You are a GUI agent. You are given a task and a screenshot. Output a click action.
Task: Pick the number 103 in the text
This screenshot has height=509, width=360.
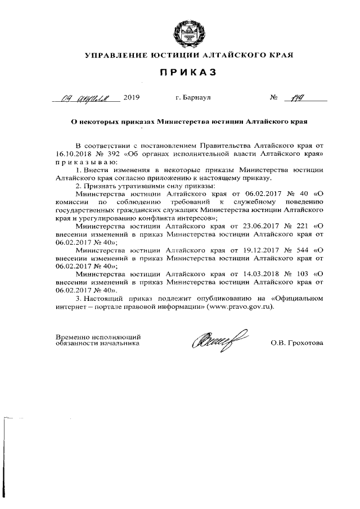(x=299, y=274)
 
